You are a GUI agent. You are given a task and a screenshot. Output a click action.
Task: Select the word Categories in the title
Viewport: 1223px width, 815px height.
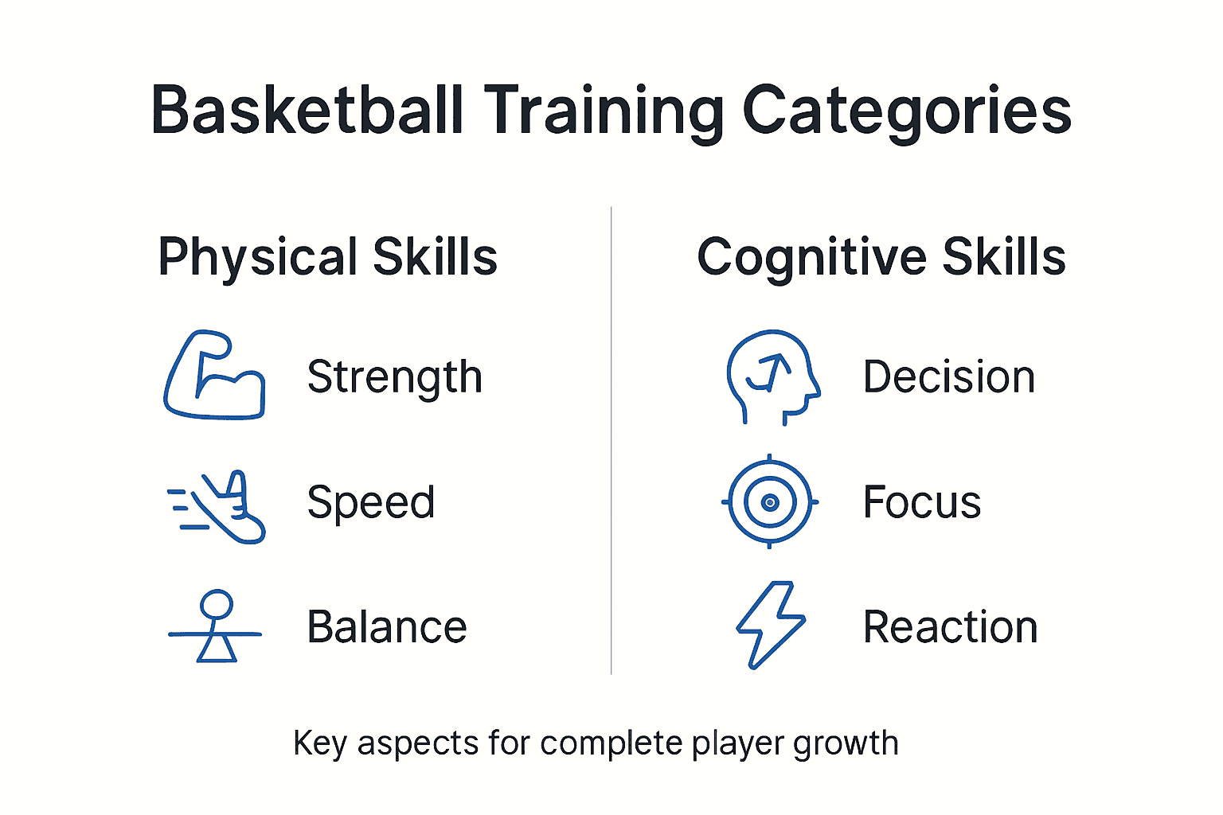[907, 111]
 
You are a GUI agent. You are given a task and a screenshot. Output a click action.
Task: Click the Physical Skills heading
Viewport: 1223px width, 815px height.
[327, 257]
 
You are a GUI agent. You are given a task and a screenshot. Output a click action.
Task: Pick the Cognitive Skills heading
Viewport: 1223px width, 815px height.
[881, 257]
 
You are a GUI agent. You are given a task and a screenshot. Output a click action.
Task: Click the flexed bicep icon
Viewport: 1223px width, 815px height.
[214, 376]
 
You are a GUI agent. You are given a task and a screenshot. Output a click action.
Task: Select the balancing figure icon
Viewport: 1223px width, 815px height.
[215, 626]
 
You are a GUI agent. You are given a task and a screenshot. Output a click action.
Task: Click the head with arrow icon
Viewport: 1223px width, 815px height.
[771, 376]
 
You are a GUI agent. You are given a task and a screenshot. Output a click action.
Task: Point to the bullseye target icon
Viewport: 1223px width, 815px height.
[770, 502]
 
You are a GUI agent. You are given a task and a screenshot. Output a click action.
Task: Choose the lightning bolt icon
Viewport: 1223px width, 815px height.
[770, 625]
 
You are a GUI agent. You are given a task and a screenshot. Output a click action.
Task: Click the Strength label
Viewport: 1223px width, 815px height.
[394, 377]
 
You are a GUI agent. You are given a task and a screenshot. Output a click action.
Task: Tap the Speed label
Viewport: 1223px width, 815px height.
[371, 503]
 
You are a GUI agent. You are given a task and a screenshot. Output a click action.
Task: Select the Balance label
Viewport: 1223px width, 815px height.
[386, 627]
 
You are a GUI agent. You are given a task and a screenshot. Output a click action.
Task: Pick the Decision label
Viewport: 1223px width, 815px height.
[948, 377]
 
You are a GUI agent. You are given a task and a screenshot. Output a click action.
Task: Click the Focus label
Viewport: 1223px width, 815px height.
[921, 502]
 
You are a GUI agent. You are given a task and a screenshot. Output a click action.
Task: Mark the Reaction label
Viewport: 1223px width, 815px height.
[950, 627]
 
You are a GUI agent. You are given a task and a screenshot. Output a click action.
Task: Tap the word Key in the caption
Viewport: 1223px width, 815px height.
[319, 743]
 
